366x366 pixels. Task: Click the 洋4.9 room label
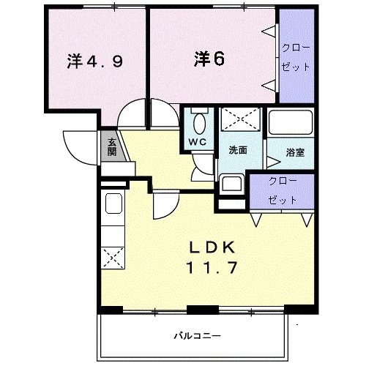point(94,61)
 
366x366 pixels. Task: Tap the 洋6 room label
point(209,59)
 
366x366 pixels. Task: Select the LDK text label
point(212,247)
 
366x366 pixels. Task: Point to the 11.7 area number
point(212,267)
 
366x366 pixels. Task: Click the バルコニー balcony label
point(197,336)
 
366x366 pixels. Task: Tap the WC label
point(198,142)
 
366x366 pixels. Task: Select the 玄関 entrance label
point(112,146)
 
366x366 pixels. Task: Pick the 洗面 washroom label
point(238,150)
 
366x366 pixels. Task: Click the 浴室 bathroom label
point(295,152)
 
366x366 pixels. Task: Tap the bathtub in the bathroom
point(290,122)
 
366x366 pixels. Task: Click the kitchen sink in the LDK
point(113,203)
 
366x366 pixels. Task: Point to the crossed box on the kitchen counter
point(113,258)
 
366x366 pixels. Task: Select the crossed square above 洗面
point(241,119)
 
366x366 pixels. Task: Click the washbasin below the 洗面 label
point(231,184)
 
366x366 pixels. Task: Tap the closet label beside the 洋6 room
point(296,57)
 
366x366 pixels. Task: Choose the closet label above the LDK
point(283,191)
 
